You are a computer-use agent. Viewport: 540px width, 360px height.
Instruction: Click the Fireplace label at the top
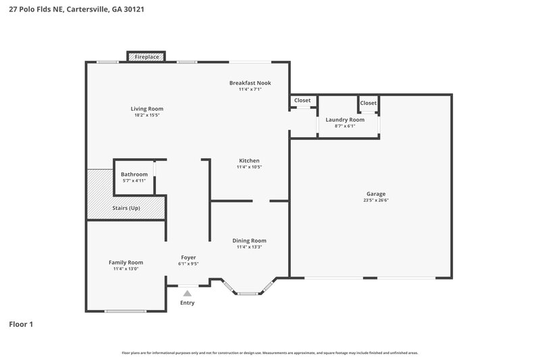tap(146, 57)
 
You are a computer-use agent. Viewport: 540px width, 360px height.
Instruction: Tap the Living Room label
tap(146, 109)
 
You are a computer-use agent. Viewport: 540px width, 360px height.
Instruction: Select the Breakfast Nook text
tap(250, 82)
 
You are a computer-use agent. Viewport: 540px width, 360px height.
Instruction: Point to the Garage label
tap(376, 194)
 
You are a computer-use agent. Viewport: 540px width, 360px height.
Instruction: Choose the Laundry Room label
tap(344, 120)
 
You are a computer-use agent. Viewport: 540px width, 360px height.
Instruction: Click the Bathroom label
tap(134, 174)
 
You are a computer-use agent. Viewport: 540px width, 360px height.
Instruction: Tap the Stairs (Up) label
tap(126, 208)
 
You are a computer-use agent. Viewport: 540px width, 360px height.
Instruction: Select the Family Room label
tap(126, 262)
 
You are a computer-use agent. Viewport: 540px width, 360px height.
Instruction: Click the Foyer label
tap(188, 257)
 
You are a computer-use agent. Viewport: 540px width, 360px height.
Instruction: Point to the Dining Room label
tap(249, 240)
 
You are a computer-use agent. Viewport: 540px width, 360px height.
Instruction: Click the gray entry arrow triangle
tap(187, 292)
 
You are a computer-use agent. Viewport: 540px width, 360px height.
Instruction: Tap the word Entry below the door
tap(187, 303)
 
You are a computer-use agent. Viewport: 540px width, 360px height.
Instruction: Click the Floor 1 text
tap(21, 324)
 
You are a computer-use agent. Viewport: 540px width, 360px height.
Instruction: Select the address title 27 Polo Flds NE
tap(76, 10)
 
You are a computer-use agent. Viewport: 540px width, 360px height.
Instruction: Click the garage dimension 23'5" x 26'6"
tap(376, 201)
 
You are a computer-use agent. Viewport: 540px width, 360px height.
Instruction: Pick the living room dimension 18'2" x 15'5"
tap(146, 115)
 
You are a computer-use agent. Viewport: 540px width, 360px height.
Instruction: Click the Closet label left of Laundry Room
tap(302, 101)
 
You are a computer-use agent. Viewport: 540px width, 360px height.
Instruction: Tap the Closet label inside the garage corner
tap(368, 103)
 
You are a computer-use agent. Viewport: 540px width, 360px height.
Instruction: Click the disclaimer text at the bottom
tap(270, 353)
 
